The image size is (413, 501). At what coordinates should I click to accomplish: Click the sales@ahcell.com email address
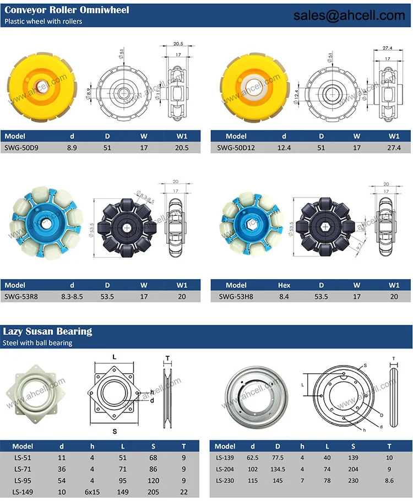349,16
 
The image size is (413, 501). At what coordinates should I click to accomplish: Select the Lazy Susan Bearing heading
48,331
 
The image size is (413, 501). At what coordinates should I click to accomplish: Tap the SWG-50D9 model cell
19,148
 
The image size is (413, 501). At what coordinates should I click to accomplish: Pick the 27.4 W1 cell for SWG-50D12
394,148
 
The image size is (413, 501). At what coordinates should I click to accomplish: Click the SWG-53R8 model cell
18,297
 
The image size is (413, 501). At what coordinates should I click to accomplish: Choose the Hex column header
284,285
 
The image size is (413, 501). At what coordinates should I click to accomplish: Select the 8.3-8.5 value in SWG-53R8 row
72,297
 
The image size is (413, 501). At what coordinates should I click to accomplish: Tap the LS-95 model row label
23,481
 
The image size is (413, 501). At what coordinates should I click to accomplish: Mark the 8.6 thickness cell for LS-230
389,481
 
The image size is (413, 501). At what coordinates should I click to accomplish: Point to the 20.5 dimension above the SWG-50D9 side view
178,43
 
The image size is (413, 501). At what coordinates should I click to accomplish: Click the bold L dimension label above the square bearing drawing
115,357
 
